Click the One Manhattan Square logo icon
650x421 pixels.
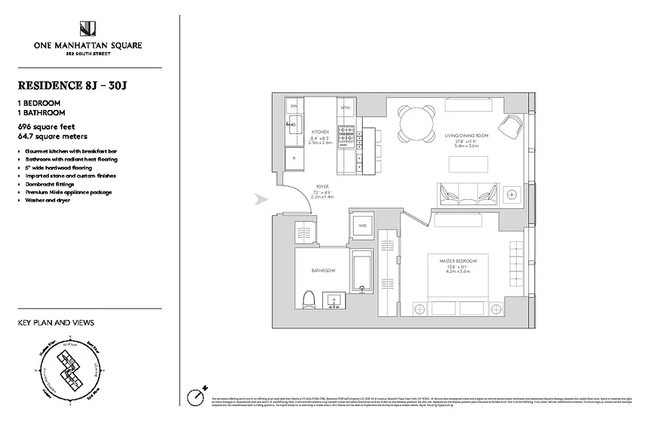[87, 29]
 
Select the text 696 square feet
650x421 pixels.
[46, 127]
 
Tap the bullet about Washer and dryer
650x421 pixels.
[47, 201]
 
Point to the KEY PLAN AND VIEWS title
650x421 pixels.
[56, 323]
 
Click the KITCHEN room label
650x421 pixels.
[320, 132]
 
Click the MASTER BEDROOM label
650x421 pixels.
[459, 261]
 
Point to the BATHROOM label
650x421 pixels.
[322, 270]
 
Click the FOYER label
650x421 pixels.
[322, 186]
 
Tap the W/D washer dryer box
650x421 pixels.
[363, 226]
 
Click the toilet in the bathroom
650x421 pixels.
[309, 302]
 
